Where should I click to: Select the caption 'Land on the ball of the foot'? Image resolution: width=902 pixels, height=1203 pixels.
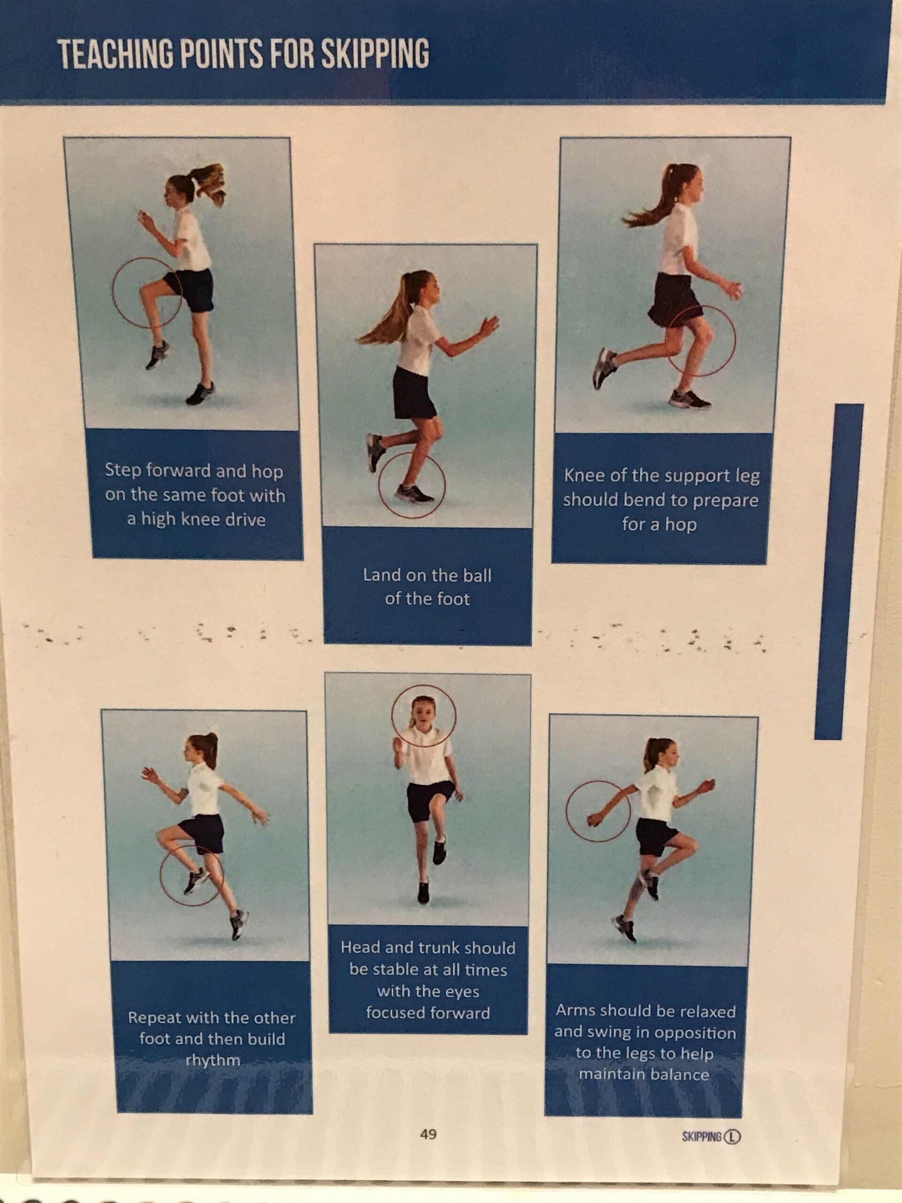[x=428, y=587]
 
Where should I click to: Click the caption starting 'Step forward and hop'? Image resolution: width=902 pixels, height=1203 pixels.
[x=195, y=495]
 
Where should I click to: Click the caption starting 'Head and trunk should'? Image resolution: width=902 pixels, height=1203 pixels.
[x=428, y=980]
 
